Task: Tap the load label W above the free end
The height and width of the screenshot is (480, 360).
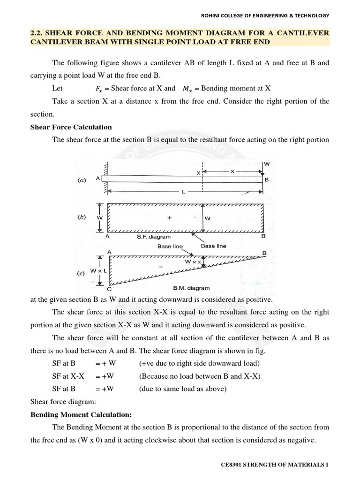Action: (x=267, y=165)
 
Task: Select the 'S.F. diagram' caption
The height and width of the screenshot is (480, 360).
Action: (x=154, y=237)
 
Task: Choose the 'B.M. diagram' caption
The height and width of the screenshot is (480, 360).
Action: (x=193, y=288)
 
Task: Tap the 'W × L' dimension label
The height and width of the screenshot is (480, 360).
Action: (x=99, y=270)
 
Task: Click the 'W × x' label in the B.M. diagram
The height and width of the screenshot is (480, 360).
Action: (x=193, y=262)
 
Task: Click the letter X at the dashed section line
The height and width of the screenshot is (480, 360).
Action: (x=198, y=173)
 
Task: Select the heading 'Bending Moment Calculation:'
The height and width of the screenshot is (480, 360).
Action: (x=81, y=415)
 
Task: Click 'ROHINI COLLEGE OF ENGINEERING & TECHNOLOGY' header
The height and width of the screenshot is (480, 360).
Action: (x=265, y=15)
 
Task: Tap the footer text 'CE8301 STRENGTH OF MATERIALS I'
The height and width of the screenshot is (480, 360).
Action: (x=275, y=465)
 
